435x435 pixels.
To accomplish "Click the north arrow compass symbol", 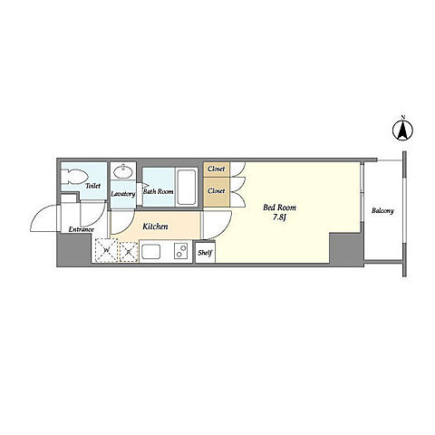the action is tap(402, 130).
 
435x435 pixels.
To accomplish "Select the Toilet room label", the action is tap(92, 186).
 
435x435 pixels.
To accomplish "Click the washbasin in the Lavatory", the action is tap(122, 171).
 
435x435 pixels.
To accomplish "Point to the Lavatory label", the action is tap(123, 194).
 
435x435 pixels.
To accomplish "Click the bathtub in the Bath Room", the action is tap(186, 188).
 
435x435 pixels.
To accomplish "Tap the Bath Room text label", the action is tap(159, 191).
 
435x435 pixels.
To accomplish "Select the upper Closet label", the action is tap(217, 169).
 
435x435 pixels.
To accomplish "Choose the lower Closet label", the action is tap(217, 191).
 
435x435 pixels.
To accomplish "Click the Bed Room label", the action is tap(279, 208).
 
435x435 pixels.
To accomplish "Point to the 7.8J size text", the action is tap(279, 217).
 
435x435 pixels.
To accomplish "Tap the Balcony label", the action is tap(382, 211).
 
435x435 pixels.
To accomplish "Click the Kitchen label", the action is tap(155, 227).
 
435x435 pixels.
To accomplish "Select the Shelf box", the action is tap(205, 253).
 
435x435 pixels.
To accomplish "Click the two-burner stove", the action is tap(180, 251).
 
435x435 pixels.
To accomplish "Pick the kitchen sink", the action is tap(151, 252).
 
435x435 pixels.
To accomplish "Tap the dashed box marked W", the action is tap(106, 250).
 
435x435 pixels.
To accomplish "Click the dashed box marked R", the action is tap(129, 252).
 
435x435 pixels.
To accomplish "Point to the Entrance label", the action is tap(82, 229).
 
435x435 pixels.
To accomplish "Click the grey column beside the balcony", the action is tap(346, 249).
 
